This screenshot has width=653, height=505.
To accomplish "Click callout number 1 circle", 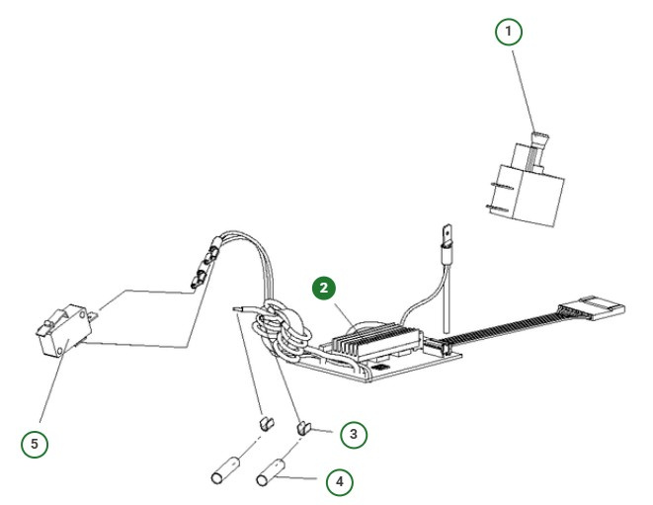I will click(x=508, y=33).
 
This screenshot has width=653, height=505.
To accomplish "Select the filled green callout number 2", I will click(x=325, y=288).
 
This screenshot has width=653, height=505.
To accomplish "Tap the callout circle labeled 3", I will click(x=353, y=433).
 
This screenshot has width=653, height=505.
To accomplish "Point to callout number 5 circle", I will click(x=35, y=444).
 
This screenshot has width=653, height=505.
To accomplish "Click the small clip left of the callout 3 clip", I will click(x=264, y=423).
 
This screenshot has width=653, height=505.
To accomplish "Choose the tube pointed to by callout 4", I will click(x=271, y=469).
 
